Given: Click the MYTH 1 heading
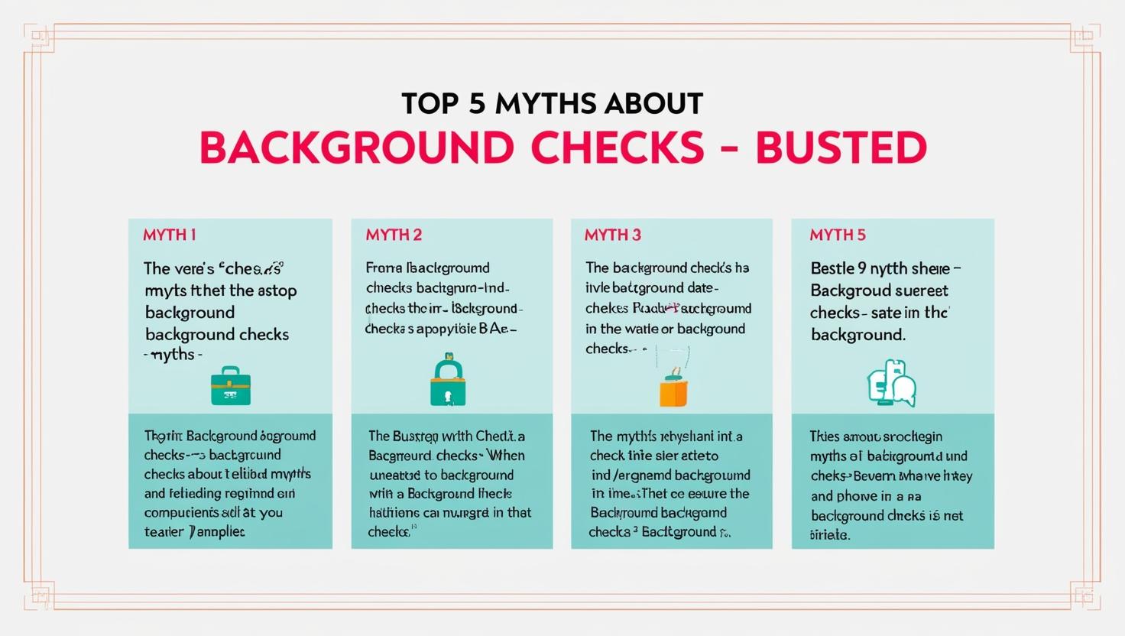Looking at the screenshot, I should tap(170, 235).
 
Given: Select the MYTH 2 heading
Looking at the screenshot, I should tap(394, 235).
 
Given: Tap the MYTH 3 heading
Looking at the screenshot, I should tap(612, 235).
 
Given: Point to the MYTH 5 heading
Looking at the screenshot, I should tap(838, 235).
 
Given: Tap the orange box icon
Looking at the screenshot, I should tap(673, 391).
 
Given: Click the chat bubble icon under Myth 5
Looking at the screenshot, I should tap(892, 384).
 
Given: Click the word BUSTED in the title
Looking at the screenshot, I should tap(841, 148).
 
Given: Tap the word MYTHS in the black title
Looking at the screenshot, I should tap(543, 103).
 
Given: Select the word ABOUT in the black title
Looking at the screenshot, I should tap(654, 103).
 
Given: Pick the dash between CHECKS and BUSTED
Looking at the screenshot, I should tap(729, 149).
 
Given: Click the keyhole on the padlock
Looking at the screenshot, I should tap(448, 394).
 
